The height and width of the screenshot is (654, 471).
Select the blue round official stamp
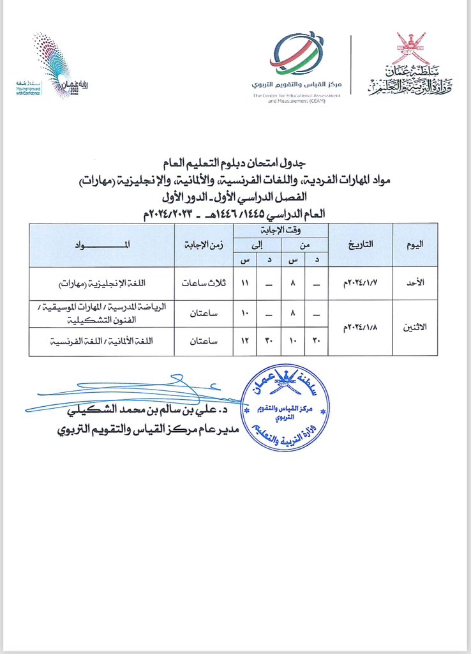click(x=291, y=408)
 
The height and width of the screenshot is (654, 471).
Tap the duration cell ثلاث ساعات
click(x=204, y=283)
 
